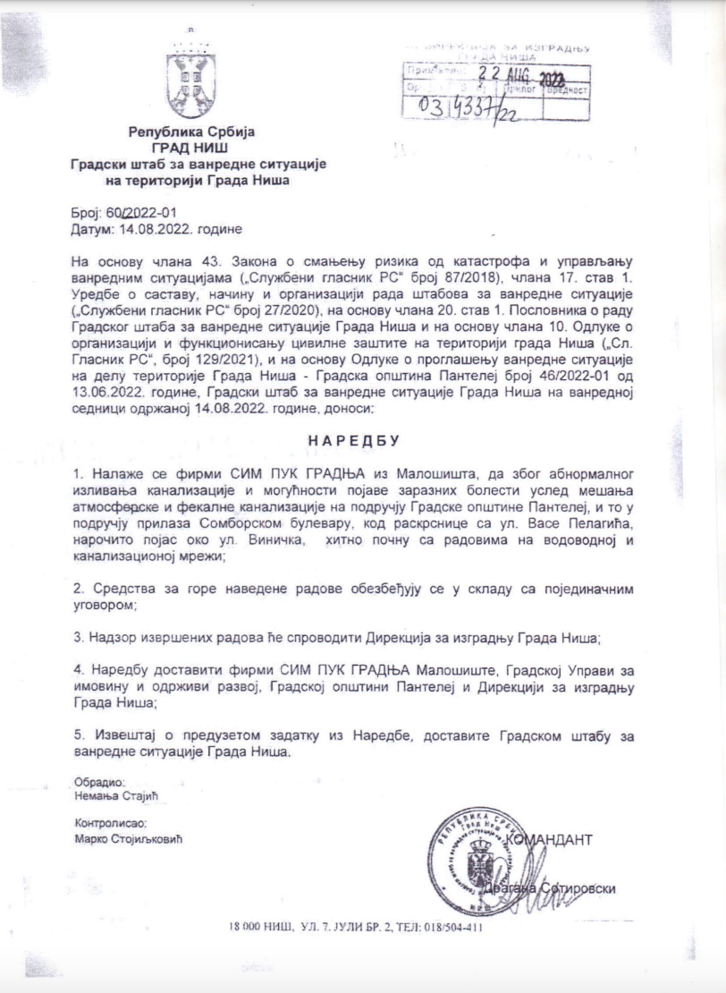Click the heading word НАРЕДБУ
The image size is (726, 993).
(357, 440)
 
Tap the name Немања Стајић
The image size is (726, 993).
(121, 794)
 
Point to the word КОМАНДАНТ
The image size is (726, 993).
(553, 840)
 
